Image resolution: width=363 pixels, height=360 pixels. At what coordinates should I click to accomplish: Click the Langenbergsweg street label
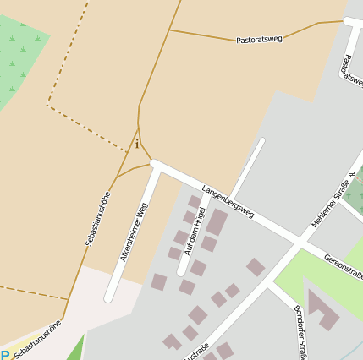(228, 202)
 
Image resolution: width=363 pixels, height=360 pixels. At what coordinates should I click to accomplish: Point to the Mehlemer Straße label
(331, 204)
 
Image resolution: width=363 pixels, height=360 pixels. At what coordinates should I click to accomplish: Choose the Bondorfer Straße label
(300, 330)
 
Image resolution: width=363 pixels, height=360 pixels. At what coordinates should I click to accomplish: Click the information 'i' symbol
(137, 144)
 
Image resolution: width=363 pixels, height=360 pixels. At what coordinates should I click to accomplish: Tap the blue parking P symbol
(5, 356)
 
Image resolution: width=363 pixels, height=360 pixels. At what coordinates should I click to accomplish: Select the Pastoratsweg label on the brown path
(260, 39)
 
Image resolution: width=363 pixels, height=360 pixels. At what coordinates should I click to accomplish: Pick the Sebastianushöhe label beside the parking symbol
(37, 340)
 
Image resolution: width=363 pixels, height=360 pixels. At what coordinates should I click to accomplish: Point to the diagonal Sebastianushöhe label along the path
(99, 218)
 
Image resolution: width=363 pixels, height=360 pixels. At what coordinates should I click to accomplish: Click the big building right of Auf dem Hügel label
(217, 222)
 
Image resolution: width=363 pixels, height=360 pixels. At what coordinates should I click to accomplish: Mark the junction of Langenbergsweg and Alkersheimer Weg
(155, 164)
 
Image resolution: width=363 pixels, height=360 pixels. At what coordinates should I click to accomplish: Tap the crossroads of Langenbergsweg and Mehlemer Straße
(298, 242)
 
